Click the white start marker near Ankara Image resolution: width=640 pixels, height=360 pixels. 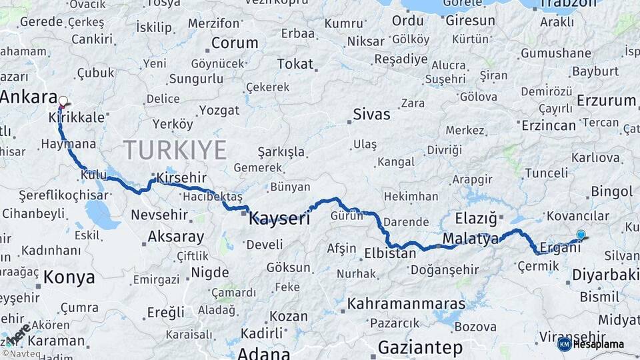pyautogui.click(x=63, y=102)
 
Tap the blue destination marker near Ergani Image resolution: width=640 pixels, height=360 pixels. pyautogui.click(x=581, y=235)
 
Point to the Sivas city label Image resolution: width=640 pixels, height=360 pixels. pyautogui.click(x=371, y=114)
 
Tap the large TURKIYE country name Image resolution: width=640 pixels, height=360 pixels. pyautogui.click(x=175, y=149)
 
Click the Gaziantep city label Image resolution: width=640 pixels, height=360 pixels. pyautogui.click(x=420, y=347)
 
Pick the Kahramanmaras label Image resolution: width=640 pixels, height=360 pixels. pyautogui.click(x=406, y=303)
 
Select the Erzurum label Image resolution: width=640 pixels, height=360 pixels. pyautogui.click(x=606, y=101)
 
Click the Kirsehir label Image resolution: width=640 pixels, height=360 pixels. pyautogui.click(x=181, y=178)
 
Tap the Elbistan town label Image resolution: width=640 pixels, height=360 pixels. pyautogui.click(x=390, y=253)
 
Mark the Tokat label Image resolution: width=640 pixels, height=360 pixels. pyautogui.click(x=295, y=64)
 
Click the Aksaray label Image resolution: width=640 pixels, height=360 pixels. pyautogui.click(x=175, y=237)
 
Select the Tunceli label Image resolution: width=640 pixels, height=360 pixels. pyautogui.click(x=546, y=173)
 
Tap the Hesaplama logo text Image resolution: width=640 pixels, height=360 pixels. pyautogui.click(x=598, y=345)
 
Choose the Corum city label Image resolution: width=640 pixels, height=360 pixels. pyautogui.click(x=235, y=43)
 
